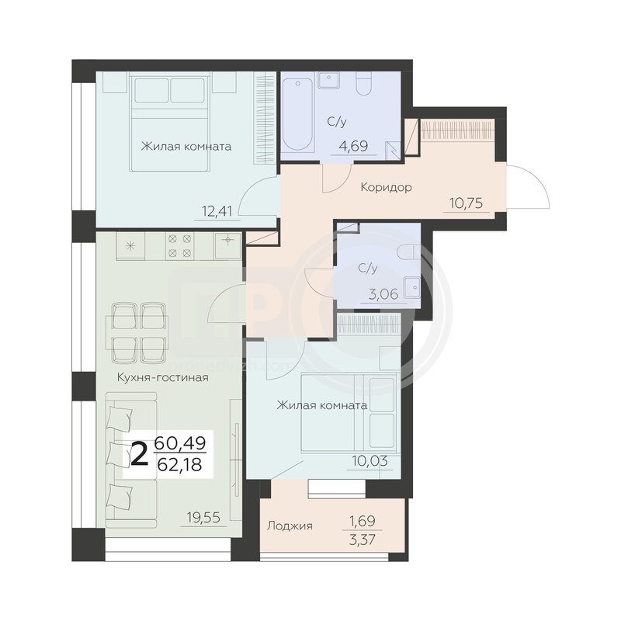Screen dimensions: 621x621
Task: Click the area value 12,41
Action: [217, 210]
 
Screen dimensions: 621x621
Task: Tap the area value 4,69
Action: [353, 146]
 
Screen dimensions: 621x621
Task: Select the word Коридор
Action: [386, 187]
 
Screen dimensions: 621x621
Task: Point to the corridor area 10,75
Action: [467, 203]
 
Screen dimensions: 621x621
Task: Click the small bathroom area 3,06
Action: [383, 294]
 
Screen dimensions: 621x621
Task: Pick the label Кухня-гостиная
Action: [163, 377]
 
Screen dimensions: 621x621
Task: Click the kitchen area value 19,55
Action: [203, 517]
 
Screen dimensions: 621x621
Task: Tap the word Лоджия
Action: [290, 526]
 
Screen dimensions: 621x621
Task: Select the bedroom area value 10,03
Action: [370, 461]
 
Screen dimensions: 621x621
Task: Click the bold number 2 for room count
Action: [140, 455]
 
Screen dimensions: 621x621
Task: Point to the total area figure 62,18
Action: [180, 464]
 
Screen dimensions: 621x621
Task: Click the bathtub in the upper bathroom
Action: [299, 114]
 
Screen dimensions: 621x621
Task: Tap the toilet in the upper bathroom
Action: [363, 84]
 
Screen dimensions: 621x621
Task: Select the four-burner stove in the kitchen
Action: [180, 245]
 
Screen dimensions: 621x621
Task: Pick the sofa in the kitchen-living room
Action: [132, 460]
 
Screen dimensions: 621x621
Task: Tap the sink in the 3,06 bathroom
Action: [412, 286]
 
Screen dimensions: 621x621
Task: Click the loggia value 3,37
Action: [363, 539]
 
